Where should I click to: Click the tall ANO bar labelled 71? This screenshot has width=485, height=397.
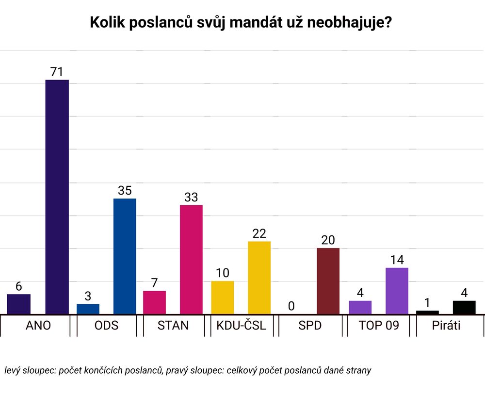(x=57, y=197)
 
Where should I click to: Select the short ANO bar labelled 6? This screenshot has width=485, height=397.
(x=19, y=304)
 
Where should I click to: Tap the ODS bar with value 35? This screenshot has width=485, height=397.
(x=125, y=256)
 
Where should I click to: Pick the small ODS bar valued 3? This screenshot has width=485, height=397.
(x=88, y=309)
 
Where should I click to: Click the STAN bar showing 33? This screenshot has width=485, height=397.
(x=191, y=260)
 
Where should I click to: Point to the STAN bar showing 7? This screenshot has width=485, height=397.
(x=154, y=302)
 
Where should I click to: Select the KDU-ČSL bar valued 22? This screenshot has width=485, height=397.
(x=259, y=278)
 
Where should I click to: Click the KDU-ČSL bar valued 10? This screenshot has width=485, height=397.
(x=222, y=298)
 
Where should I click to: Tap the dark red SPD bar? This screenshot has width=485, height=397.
(x=328, y=281)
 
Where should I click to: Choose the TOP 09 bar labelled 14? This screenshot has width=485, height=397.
(x=397, y=291)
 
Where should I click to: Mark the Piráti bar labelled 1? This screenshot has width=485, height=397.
(x=427, y=313)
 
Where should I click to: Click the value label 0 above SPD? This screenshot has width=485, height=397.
(x=291, y=306)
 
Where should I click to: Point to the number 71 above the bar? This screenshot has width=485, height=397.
(x=57, y=72)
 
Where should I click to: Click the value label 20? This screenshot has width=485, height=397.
(x=328, y=240)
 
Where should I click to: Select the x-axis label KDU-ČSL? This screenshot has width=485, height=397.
(x=241, y=325)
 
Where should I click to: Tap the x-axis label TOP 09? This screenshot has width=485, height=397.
(x=379, y=325)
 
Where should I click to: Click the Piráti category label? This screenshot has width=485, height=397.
(x=446, y=325)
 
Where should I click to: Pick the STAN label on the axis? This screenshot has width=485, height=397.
(x=173, y=325)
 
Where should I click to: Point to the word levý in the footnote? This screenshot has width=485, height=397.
(x=14, y=370)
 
